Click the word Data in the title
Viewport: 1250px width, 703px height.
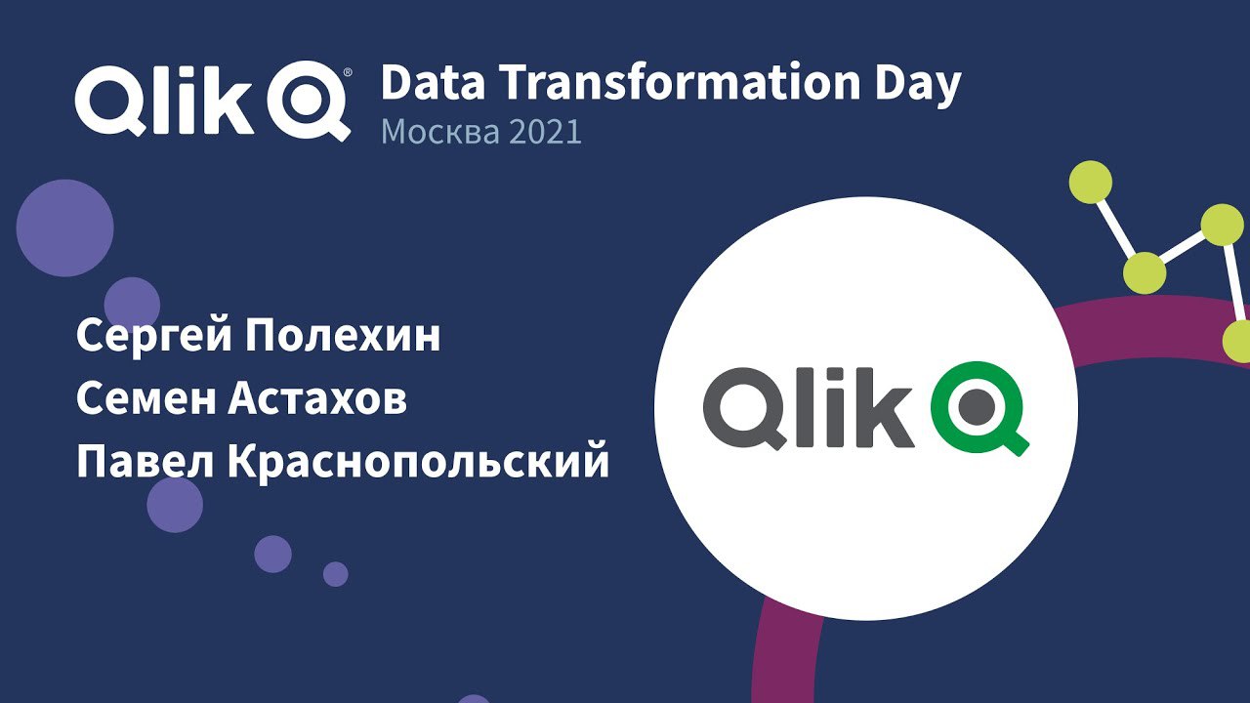[433, 83]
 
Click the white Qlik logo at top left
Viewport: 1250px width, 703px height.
[213, 101]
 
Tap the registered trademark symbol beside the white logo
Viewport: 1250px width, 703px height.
[348, 72]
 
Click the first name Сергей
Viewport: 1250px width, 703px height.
[154, 338]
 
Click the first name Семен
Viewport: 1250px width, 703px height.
[146, 399]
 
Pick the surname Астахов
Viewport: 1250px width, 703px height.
[317, 399]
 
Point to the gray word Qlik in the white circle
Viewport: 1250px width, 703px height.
[808, 408]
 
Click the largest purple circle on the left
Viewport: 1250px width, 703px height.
[64, 227]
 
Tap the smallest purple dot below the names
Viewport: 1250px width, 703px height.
[335, 574]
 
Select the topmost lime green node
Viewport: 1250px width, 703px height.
[1091, 182]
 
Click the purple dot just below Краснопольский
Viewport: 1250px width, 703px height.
[175, 505]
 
